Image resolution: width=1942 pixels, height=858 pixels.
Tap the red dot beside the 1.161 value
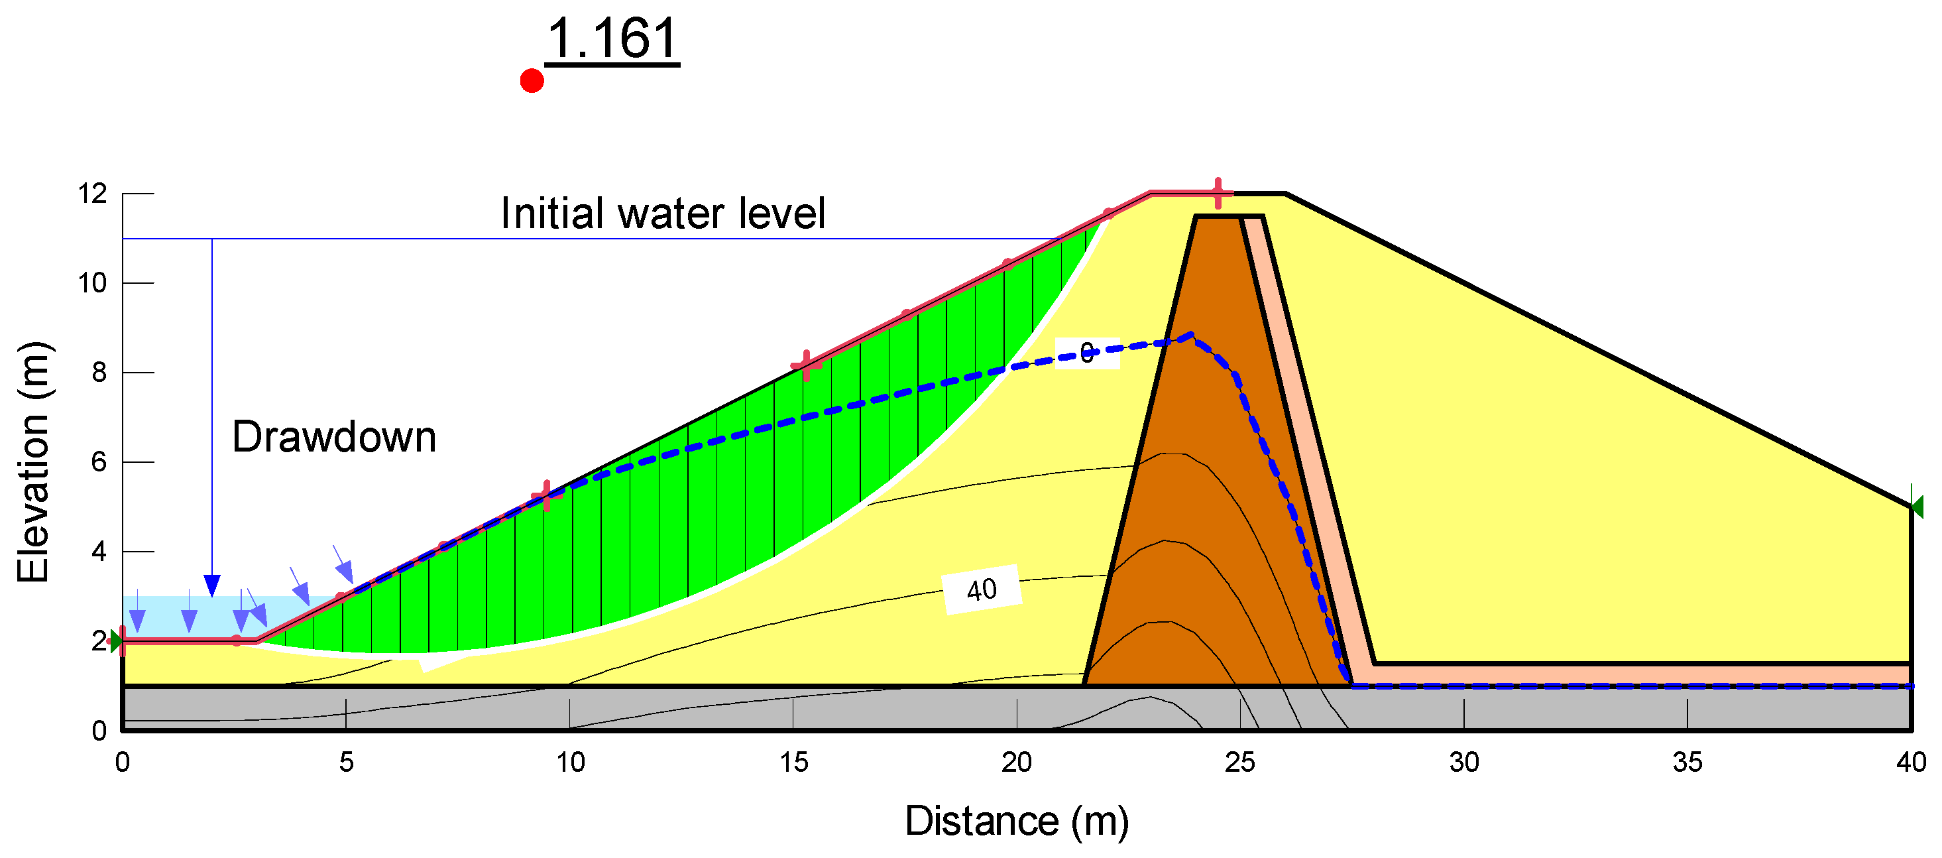tap(532, 81)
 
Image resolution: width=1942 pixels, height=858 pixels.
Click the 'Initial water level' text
tap(663, 213)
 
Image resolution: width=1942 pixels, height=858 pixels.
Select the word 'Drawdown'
tap(334, 436)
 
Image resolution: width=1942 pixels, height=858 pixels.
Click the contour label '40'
tap(982, 589)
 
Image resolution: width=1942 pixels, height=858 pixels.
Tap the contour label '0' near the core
tap(1086, 353)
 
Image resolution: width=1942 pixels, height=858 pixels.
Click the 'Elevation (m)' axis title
tap(33, 462)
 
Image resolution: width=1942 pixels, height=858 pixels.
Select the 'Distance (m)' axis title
tap(1016, 821)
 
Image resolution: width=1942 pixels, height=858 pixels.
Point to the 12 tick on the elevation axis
tap(93, 194)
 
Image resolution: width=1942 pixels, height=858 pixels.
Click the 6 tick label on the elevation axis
tap(99, 462)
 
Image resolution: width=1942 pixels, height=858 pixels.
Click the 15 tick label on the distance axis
tap(793, 763)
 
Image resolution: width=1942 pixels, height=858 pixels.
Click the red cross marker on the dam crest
tap(1218, 193)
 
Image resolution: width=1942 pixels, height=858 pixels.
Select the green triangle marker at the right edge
tap(1917, 507)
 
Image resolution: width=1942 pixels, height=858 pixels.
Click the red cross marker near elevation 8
tap(807, 365)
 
